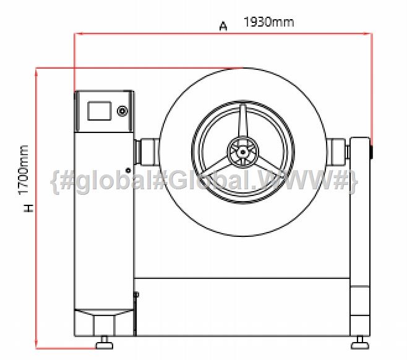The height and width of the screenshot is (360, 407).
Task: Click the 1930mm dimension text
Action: point(268,22)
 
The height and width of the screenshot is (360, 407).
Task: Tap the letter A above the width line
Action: point(223,26)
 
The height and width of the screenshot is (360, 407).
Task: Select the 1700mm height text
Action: point(24,169)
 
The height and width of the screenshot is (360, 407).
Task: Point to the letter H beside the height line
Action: point(28,208)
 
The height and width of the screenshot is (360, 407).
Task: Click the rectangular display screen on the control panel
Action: point(99,111)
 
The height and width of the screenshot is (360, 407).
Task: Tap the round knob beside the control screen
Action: point(122,111)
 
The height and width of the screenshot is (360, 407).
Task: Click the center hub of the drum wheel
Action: point(243,152)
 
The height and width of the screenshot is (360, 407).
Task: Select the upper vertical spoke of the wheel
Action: point(243,121)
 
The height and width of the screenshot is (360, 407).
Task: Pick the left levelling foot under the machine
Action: point(105,343)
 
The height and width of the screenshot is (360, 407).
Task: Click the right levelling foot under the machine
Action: point(360,343)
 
